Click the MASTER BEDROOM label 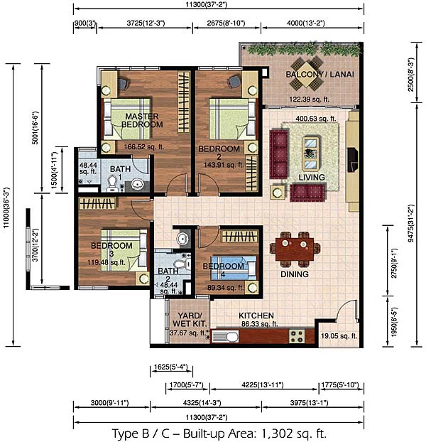(142, 120)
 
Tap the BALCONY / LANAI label (319, 75)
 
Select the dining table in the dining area (295, 249)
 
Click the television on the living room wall (352, 160)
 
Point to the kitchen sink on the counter (225, 337)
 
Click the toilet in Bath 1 (112, 183)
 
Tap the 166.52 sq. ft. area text (144, 147)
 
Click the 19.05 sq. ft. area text (339, 335)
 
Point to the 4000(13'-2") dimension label (306, 23)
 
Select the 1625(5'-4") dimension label (170, 367)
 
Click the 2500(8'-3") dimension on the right (411, 75)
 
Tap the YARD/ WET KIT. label (190, 319)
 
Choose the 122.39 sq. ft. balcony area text (309, 99)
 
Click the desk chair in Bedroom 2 (234, 81)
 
